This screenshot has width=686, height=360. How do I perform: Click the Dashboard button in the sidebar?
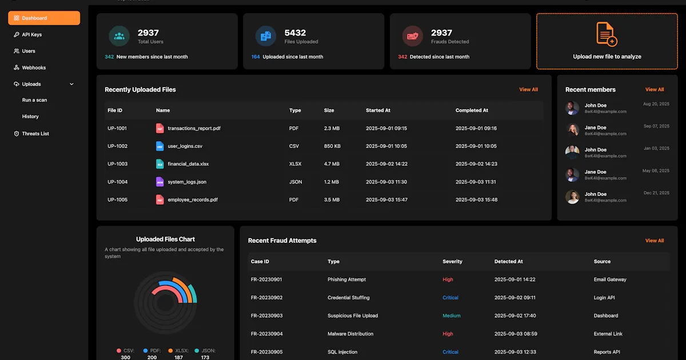(x=44, y=18)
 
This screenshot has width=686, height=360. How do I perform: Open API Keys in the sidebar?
(x=27, y=35)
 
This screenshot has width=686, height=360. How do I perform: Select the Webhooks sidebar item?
(x=30, y=67)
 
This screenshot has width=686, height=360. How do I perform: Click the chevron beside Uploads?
(x=71, y=84)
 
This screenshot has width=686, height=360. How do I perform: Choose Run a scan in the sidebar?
(x=35, y=100)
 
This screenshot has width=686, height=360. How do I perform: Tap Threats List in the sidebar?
(x=31, y=134)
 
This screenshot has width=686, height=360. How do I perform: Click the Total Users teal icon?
(x=119, y=36)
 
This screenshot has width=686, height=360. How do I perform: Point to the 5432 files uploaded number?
(x=295, y=33)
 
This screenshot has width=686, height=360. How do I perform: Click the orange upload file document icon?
(x=607, y=34)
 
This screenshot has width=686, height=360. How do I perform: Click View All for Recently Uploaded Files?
(x=528, y=90)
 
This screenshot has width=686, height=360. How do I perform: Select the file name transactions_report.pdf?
(x=194, y=128)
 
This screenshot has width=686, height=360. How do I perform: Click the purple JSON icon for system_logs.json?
(x=160, y=182)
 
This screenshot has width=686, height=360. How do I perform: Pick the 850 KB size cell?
(x=332, y=146)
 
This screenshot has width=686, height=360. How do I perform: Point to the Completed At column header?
(x=472, y=110)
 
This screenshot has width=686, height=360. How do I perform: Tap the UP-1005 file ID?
(x=117, y=200)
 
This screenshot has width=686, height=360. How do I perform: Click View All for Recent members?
(x=655, y=90)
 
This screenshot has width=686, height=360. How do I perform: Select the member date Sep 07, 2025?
(x=656, y=126)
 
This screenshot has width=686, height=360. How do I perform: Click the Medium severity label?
(x=452, y=315)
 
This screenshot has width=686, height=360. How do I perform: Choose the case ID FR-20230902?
(x=266, y=298)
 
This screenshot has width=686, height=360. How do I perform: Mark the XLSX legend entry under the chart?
(x=178, y=354)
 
